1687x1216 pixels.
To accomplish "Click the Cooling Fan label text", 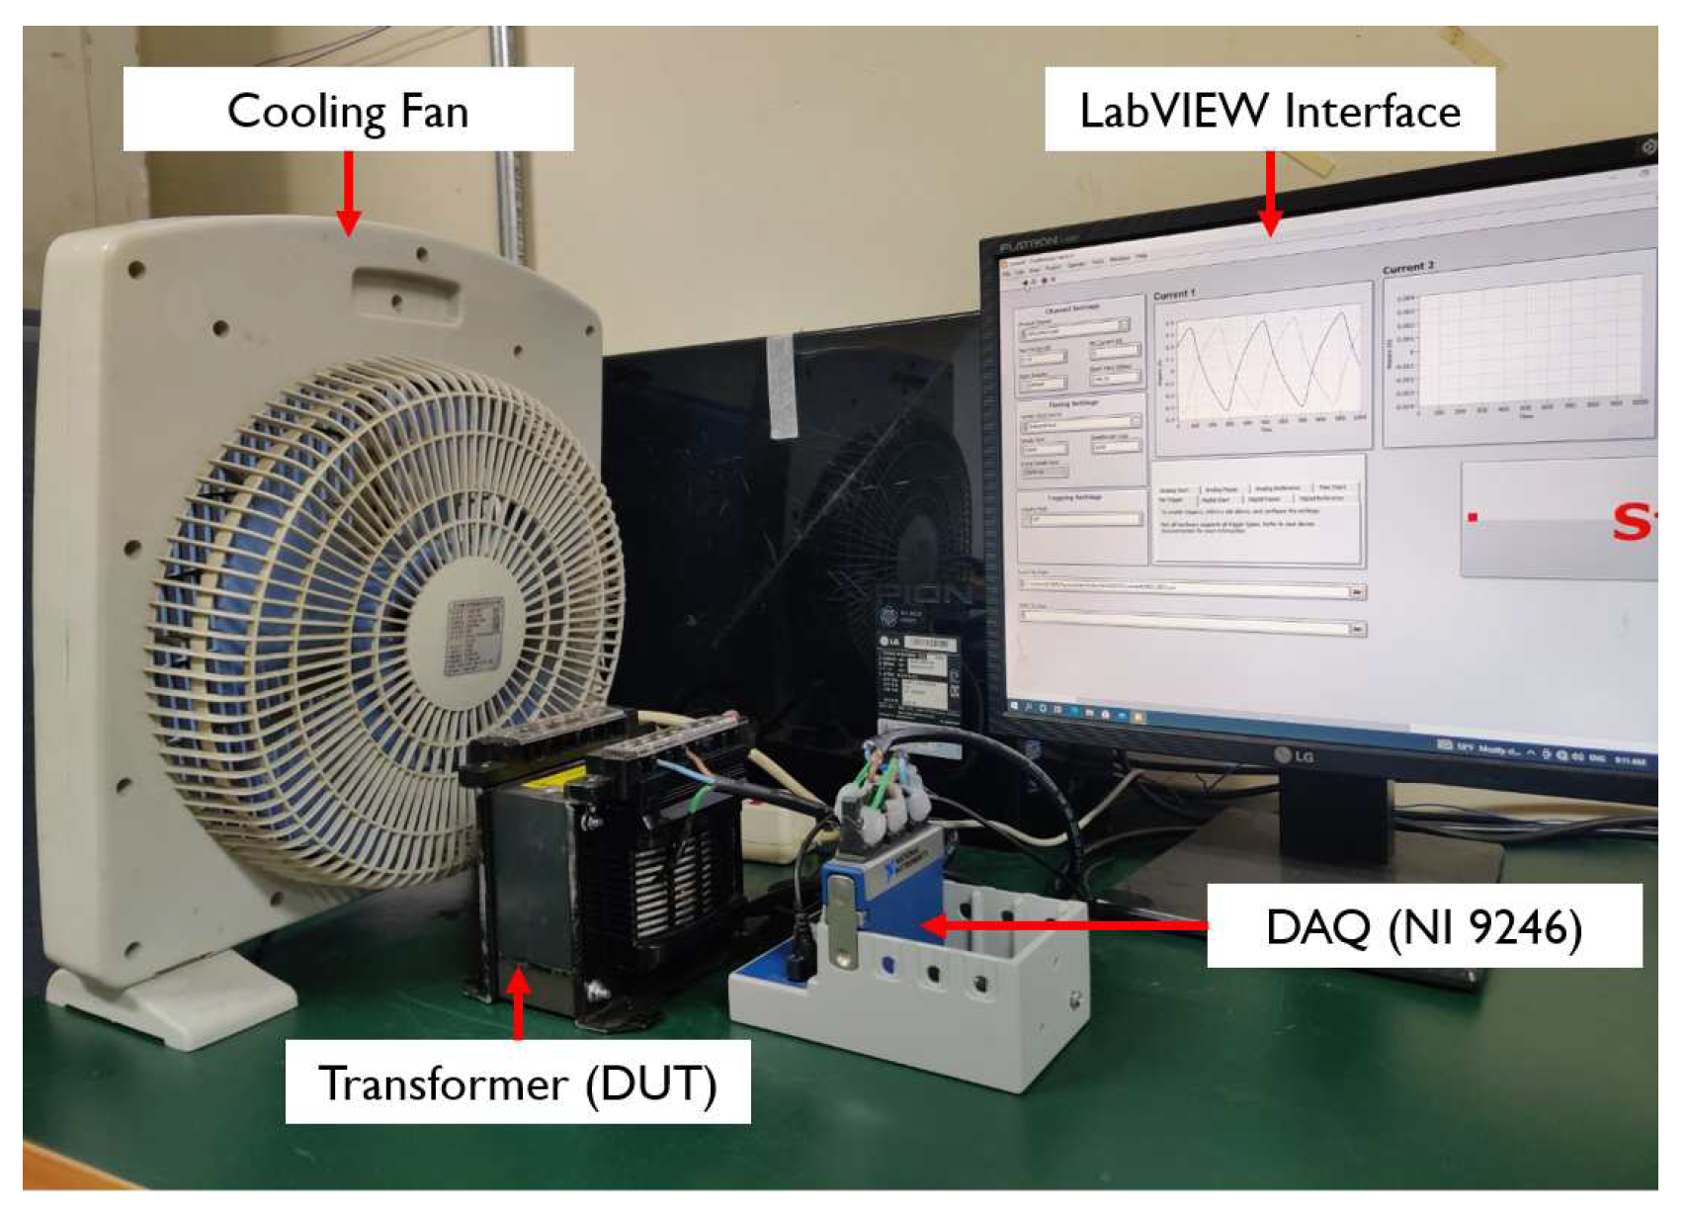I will [x=348, y=111].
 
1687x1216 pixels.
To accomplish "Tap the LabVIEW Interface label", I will [x=1270, y=111].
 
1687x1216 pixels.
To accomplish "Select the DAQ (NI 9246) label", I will [x=1424, y=927].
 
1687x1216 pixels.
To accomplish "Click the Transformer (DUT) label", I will [x=517, y=1084].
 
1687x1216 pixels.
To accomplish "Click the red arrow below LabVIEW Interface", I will [x=1271, y=194].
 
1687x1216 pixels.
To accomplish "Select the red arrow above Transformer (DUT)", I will [x=518, y=1003].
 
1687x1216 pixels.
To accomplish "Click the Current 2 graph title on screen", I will [x=1407, y=268].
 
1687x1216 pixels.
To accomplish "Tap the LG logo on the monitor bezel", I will [x=1294, y=756].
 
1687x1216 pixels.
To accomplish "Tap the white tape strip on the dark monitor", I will [x=782, y=386].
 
